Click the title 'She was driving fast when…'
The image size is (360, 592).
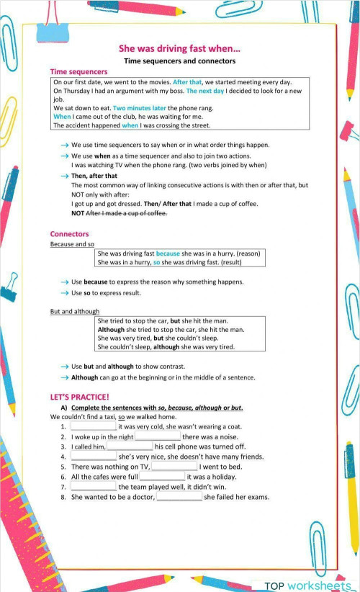pos(179,49)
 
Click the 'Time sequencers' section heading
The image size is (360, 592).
pos(78,72)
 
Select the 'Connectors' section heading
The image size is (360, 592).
pos(69,234)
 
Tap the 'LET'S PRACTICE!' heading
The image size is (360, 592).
pos(79,397)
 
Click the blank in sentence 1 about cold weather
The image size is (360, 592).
pos(94,426)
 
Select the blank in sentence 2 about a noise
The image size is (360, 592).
pos(158,436)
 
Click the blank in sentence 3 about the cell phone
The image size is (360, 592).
pos(130,447)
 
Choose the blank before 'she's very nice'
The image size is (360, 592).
pos(94,457)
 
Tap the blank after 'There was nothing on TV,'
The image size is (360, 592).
pos(174,467)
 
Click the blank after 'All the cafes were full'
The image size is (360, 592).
pos(162,477)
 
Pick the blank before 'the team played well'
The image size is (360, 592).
pos(94,487)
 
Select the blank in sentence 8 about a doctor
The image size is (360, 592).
pos(179,497)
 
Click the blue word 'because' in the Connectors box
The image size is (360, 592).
pos(168,254)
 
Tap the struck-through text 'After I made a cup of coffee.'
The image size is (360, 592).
pos(126,213)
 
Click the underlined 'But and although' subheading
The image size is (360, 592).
pos(75,312)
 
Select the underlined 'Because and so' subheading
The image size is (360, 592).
pos(72,244)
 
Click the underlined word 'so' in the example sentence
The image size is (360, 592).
pos(122,417)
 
